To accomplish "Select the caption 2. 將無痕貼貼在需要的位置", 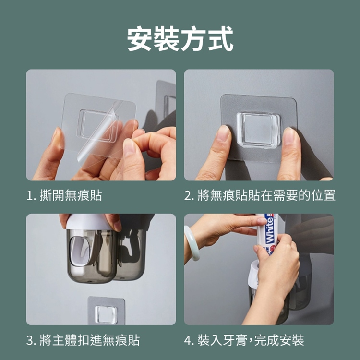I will [260, 195].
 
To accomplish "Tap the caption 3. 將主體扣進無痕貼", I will [83, 340].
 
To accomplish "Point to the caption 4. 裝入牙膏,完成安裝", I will [244, 340].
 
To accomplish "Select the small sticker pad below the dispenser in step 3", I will [106, 310].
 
